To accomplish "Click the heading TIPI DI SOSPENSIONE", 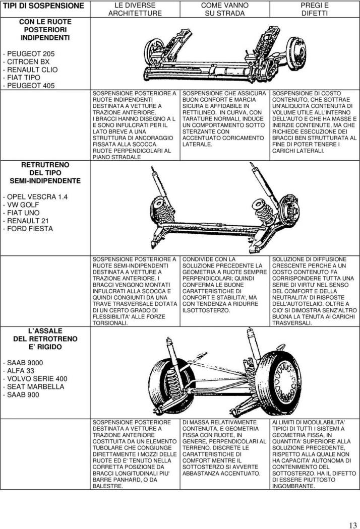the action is [43, 6].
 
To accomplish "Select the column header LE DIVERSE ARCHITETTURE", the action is [135, 10].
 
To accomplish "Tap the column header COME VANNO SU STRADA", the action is [224, 10].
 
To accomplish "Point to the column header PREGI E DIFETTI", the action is [315, 10].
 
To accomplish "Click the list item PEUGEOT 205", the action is [28, 53].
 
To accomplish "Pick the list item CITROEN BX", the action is [26, 62].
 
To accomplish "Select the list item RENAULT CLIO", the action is [30, 70].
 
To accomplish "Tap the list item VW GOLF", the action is [21, 205].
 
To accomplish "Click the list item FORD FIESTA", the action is [28, 229].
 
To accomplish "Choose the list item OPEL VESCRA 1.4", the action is [35, 196].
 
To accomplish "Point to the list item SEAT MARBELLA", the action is [33, 386].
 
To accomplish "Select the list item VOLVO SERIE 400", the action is [35, 378].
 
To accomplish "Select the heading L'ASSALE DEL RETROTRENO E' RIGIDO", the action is [45, 339].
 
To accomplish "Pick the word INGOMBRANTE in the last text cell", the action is [293, 486].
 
